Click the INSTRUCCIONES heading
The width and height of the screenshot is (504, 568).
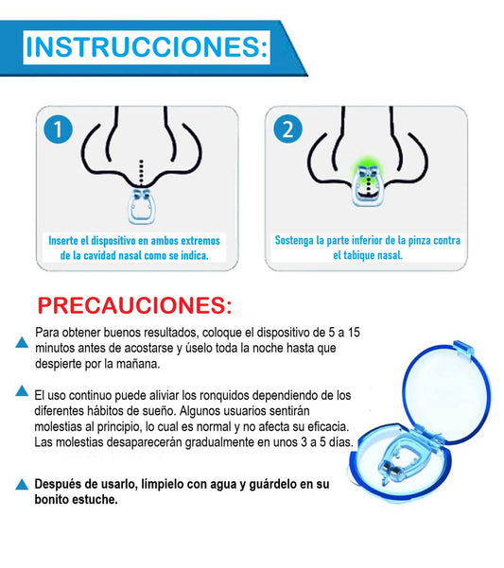click(147, 46)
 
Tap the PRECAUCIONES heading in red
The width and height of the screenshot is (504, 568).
click(133, 306)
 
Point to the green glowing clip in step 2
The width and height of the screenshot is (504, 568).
click(364, 177)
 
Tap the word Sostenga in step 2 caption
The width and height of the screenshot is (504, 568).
click(296, 240)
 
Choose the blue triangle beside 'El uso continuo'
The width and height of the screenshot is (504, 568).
click(22, 390)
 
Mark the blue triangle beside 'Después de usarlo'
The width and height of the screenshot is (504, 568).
click(22, 485)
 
